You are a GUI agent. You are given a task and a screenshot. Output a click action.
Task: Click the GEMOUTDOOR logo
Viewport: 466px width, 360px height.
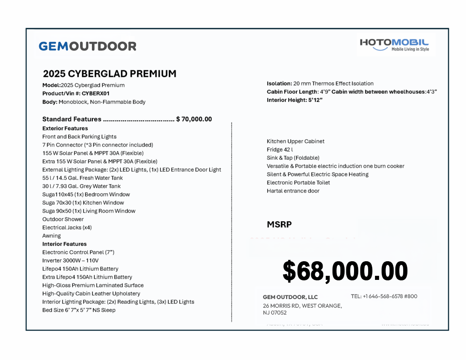tap(87, 46)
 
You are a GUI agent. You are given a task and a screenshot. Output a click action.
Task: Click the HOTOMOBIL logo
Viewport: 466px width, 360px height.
tap(394, 44)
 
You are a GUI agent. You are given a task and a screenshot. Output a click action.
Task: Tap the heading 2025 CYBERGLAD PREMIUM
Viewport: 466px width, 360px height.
tap(110, 74)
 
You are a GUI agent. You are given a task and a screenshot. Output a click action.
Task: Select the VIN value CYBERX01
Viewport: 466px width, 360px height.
tap(96, 93)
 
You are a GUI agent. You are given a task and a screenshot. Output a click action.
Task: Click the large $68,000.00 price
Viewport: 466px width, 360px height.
tap(345, 271)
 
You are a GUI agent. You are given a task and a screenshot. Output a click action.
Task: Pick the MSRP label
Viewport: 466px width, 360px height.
tap(279, 224)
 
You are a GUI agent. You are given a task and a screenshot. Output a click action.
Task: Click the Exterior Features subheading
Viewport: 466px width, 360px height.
tap(65, 128)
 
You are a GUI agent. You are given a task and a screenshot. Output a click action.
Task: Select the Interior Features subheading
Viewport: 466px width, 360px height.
tap(64, 244)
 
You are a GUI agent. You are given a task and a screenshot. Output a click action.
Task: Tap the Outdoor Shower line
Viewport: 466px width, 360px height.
tap(63, 219)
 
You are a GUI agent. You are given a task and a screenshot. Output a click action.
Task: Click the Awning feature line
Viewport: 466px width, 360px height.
tap(51, 236)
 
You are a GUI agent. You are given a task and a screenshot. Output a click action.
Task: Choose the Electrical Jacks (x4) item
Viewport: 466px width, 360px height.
tap(67, 228)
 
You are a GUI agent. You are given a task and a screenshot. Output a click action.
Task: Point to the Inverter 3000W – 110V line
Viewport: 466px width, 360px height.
tap(71, 261)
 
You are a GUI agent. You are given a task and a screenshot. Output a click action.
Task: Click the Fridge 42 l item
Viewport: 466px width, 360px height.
tap(280, 150)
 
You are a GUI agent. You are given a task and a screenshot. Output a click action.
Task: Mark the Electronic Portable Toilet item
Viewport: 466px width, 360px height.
tap(299, 183)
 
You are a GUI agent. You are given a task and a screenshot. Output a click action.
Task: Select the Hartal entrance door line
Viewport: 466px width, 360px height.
tap(293, 191)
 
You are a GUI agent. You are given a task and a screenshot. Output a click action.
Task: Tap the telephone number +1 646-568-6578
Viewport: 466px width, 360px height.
tap(384, 296)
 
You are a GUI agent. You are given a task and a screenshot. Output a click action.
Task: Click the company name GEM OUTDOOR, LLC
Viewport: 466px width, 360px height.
tap(290, 297)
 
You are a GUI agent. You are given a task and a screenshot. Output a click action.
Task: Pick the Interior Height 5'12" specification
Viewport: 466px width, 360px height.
tap(294, 100)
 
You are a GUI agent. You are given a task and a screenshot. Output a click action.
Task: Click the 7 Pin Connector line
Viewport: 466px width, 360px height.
tap(97, 145)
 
